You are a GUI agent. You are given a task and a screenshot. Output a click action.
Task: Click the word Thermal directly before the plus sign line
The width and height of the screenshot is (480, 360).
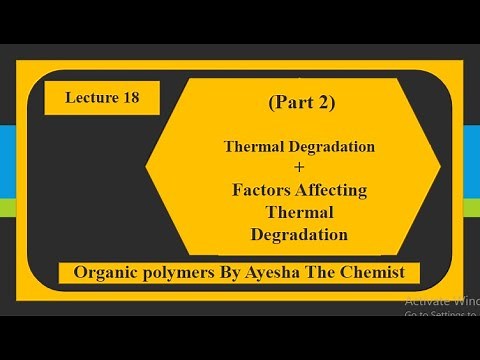click(257, 146)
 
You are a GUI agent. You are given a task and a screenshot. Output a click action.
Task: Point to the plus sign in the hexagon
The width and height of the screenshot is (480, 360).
click(297, 167)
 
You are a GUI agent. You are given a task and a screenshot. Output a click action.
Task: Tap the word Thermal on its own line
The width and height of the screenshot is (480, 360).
click(298, 212)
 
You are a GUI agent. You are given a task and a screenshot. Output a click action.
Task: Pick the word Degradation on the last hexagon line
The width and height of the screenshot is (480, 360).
click(298, 235)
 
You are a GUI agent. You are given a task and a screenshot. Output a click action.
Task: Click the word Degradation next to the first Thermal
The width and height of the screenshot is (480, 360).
click(336, 146)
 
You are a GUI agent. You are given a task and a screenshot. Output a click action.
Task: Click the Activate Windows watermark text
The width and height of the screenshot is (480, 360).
click(440, 301)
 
